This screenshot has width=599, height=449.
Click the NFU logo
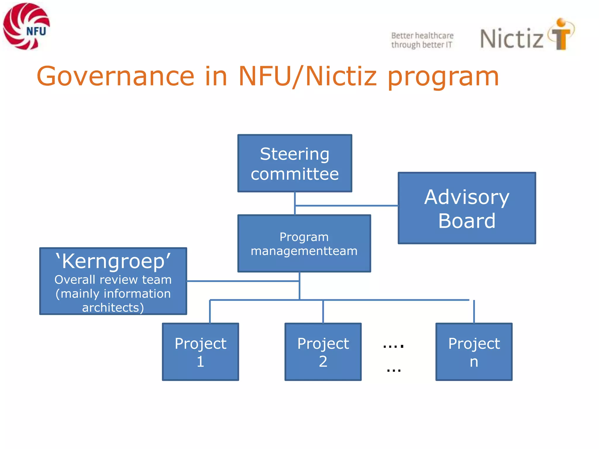click(x=26, y=26)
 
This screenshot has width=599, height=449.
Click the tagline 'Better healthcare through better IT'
click(x=422, y=40)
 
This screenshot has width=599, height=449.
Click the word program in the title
click(x=443, y=77)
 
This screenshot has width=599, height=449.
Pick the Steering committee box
click(x=295, y=163)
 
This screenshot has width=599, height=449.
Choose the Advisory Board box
click(x=467, y=208)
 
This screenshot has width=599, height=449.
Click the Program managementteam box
click(x=304, y=244)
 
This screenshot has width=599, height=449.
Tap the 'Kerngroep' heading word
click(x=113, y=261)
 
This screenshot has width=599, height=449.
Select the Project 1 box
click(x=200, y=352)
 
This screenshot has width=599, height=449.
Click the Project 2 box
click(x=323, y=352)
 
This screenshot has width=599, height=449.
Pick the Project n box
click(x=474, y=352)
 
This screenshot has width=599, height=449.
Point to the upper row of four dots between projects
click(x=393, y=346)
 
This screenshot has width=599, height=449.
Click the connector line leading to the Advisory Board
click(x=347, y=206)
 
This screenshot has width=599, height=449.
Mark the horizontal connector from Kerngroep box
click(x=243, y=281)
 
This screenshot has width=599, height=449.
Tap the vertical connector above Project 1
click(x=210, y=312)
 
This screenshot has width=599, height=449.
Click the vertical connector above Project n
click(x=474, y=312)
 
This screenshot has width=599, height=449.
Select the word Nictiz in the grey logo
click(x=512, y=39)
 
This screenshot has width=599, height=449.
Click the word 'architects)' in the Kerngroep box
click(x=113, y=308)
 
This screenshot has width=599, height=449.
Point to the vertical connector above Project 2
click(x=323, y=312)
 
